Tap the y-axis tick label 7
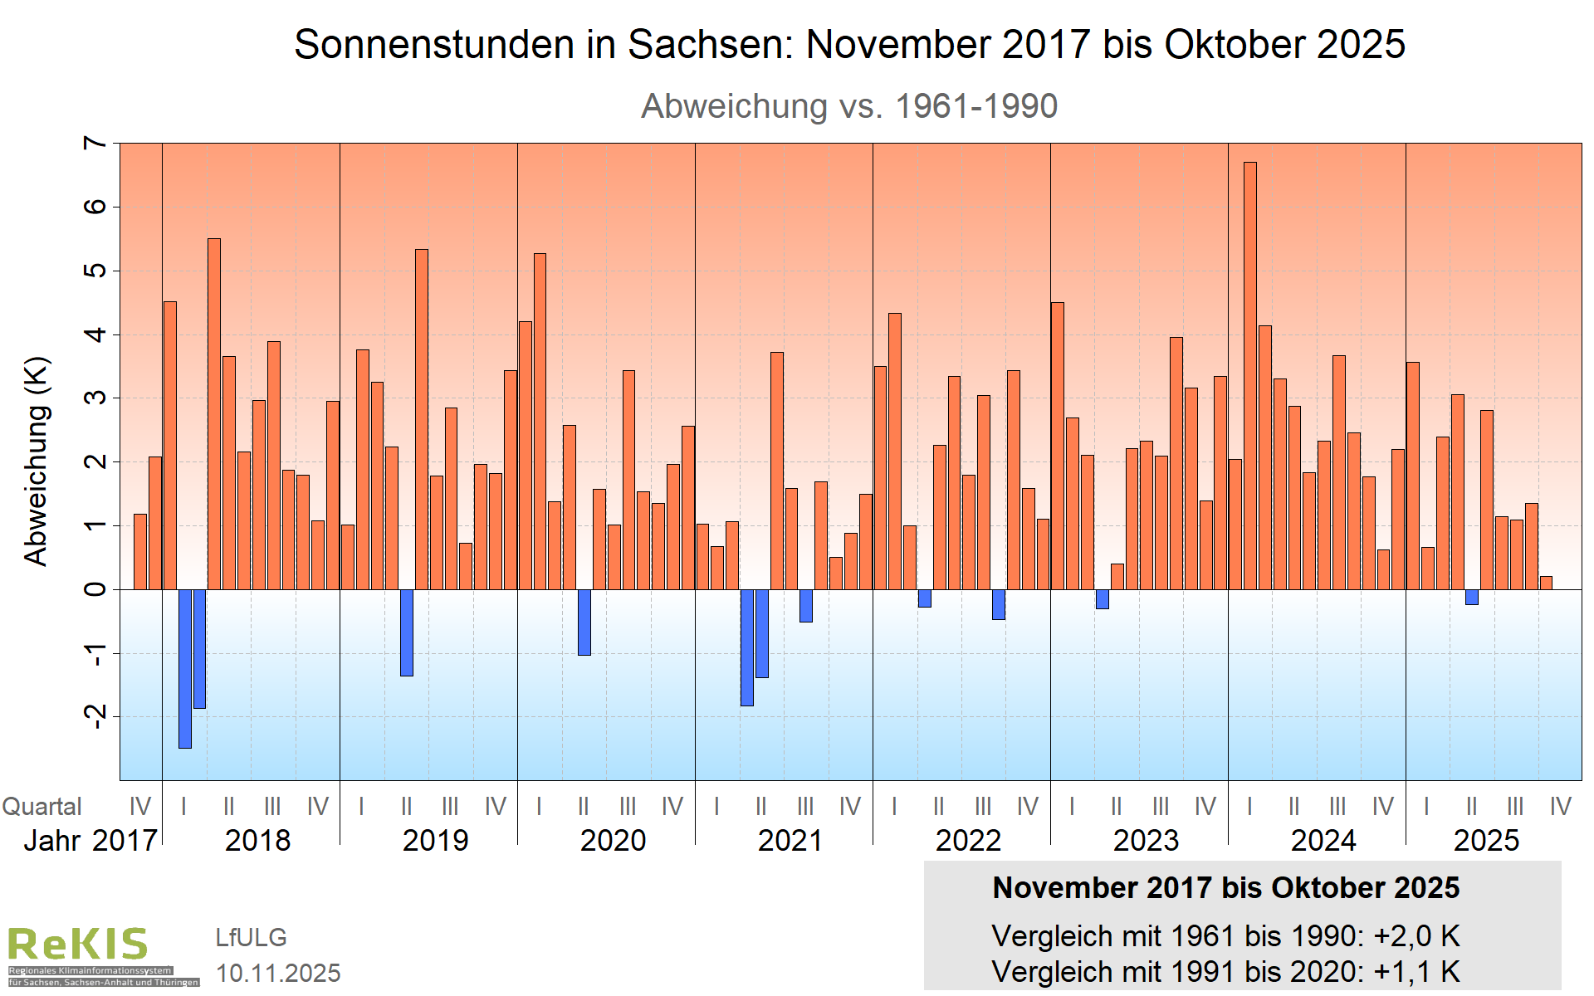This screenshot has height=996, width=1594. [96, 143]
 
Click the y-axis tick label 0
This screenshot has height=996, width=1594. [96, 589]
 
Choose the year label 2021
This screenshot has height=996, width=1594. [790, 841]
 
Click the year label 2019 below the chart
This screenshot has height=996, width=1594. [435, 841]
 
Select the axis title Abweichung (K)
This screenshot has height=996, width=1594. [37, 461]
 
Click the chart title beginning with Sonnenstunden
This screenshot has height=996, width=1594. [849, 44]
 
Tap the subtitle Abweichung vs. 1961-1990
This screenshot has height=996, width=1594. [849, 106]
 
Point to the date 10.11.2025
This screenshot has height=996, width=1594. [278, 973]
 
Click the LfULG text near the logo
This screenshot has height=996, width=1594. [251, 937]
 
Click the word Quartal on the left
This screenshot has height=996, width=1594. [42, 807]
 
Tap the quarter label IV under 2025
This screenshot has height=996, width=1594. [1560, 807]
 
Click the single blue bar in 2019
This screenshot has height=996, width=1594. [406, 632]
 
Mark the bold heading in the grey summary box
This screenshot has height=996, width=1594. [1225, 888]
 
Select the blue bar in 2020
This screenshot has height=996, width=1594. [584, 622]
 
